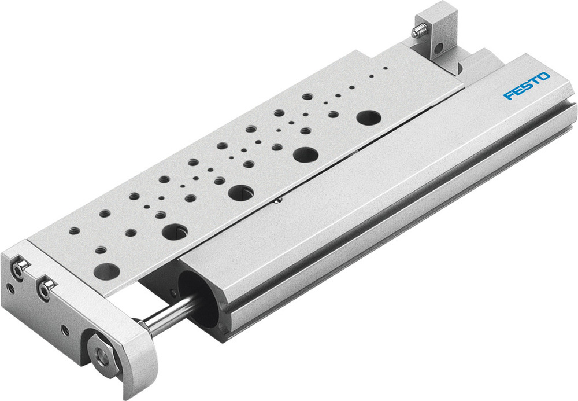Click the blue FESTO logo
click(527, 86)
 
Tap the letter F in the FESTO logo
click(508, 94)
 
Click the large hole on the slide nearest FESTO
click(368, 117)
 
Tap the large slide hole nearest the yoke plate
click(106, 270)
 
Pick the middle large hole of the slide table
click(240, 192)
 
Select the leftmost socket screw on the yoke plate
click(21, 269)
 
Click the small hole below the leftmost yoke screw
click(11, 287)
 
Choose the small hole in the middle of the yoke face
click(65, 330)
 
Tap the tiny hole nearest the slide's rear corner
click(385, 68)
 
